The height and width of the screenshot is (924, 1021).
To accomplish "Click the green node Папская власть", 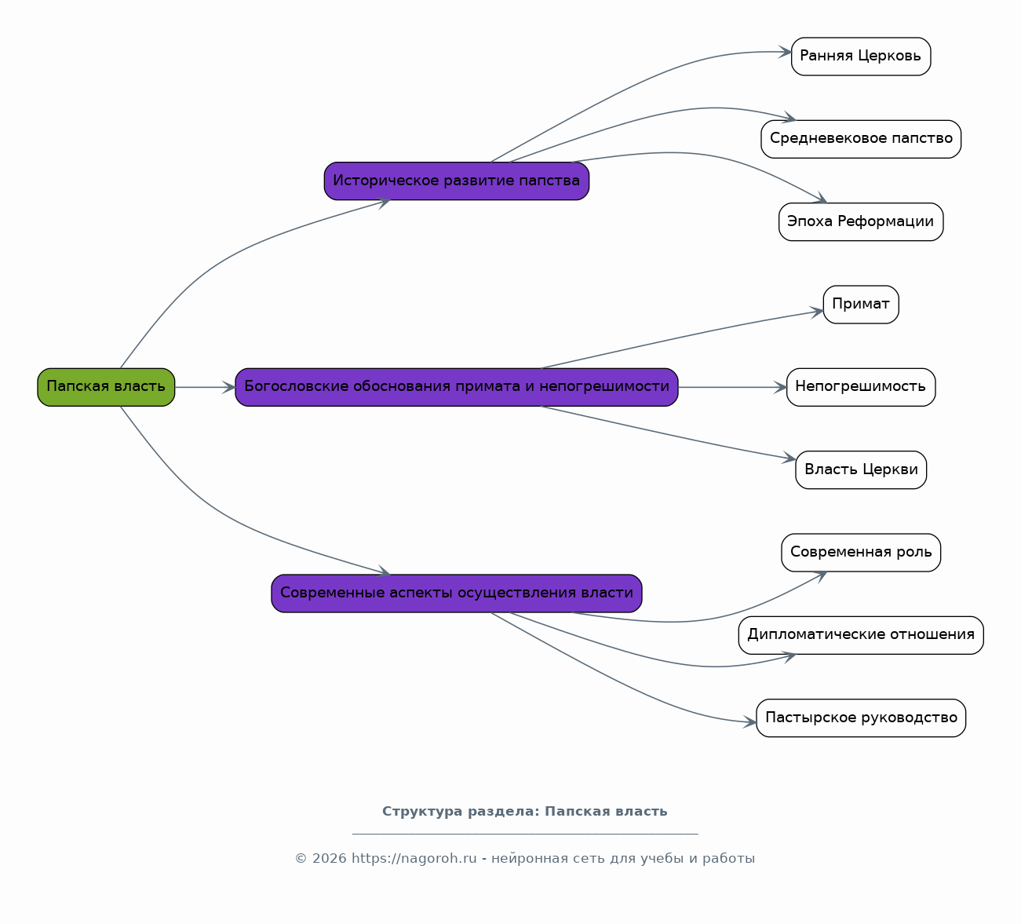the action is tap(106, 387).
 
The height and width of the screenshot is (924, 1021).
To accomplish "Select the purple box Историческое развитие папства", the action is tap(457, 181).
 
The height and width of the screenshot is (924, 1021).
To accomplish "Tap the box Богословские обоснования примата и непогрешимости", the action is tap(457, 387).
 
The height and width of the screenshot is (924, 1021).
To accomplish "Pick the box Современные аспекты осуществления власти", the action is tap(457, 593).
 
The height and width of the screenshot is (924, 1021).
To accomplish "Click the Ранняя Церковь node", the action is tap(861, 57).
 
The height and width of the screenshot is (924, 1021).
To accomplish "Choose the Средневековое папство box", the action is tap(861, 139).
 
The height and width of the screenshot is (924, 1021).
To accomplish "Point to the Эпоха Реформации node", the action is tap(861, 221).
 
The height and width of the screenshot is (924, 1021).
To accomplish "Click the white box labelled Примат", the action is tap(861, 305).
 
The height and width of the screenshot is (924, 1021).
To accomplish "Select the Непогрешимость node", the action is tap(861, 387).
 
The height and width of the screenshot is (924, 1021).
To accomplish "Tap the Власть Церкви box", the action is tap(861, 469).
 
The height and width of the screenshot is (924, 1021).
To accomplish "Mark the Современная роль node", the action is tap(861, 553).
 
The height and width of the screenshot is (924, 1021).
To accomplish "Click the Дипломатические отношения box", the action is tap(861, 635).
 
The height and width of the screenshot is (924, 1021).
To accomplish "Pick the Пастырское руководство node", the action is tap(861, 718).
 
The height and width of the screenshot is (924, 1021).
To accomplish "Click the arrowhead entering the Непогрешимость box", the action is tap(781, 387).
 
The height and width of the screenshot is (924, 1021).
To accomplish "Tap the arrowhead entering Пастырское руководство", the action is tap(750, 721).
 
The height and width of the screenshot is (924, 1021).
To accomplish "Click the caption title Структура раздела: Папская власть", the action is tap(525, 812).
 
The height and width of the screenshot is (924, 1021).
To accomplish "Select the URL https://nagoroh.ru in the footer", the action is tap(414, 859).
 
